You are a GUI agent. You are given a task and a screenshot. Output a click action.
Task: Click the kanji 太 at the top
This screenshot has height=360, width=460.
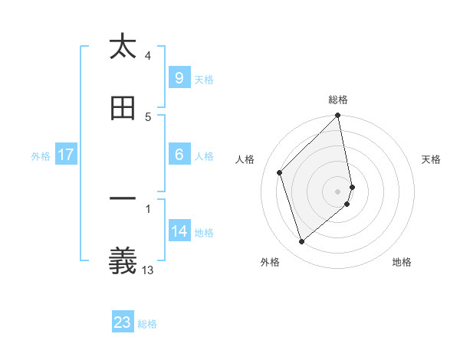click(x=123, y=47)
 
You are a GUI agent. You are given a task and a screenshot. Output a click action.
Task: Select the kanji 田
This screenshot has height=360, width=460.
click(x=123, y=110)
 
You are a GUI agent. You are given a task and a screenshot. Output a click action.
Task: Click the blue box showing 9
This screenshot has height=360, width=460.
click(x=179, y=78)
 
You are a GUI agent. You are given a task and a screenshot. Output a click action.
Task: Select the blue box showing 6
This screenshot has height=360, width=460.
click(x=179, y=155)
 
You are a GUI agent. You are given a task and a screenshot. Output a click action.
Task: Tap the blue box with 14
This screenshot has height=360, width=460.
click(x=179, y=231)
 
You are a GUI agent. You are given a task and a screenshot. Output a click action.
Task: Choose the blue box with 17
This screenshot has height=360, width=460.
click(x=66, y=155)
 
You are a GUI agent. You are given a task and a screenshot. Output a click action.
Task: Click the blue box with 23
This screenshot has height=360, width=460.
click(x=123, y=322)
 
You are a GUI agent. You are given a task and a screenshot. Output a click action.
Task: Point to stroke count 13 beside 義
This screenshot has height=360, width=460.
click(x=148, y=270)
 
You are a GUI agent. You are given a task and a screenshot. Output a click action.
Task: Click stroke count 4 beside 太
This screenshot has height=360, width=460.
click(x=148, y=55)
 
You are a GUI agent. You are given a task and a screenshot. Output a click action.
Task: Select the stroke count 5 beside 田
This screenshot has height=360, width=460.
click(x=148, y=116)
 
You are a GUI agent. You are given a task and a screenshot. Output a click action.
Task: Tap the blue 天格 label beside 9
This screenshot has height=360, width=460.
click(x=204, y=79)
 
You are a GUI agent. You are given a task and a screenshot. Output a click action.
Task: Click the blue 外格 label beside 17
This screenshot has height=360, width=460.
click(x=41, y=155)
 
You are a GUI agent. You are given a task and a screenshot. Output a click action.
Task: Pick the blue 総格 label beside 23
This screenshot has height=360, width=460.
click(x=148, y=323)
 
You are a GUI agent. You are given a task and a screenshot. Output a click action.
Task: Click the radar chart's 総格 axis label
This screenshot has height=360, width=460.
click(x=338, y=100)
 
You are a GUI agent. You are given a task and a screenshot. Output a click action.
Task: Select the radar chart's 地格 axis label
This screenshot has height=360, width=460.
click(x=402, y=262)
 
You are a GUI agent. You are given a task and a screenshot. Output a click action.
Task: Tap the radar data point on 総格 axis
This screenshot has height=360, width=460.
click(x=338, y=116)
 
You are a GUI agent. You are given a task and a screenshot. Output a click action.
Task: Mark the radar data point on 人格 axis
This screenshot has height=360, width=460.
click(x=280, y=172)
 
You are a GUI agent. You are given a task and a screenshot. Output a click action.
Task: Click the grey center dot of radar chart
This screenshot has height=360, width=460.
click(x=338, y=191)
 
